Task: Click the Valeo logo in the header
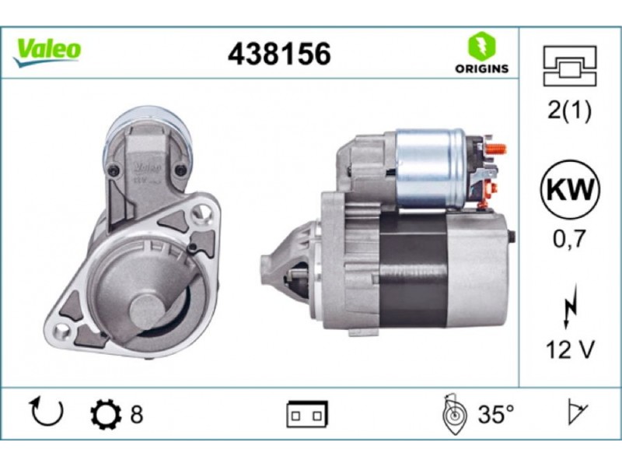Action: [47, 51]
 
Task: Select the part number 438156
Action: [279, 54]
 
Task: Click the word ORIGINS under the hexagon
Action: [481, 68]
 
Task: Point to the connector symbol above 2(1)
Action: [570, 66]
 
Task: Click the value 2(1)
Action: [569, 110]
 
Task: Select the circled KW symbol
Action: [570, 189]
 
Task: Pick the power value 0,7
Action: [570, 239]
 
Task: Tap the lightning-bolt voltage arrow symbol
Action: [570, 306]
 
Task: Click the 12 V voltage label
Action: [570, 349]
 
